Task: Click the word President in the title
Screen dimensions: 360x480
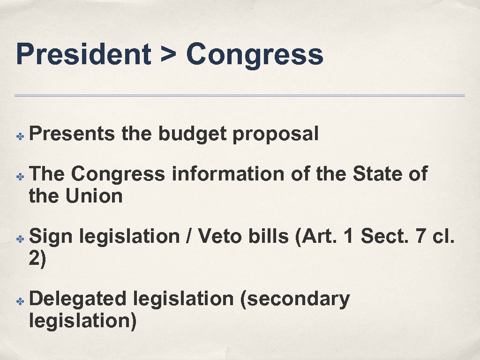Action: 82,54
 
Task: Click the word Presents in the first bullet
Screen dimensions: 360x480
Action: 72,135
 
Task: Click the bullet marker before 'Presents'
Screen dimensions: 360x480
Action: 20,136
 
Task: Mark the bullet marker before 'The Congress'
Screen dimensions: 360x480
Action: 20,176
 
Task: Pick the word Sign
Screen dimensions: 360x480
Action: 51,237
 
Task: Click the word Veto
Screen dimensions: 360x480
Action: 219,237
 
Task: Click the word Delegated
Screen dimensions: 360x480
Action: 78,300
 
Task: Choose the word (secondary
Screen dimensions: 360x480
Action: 294,300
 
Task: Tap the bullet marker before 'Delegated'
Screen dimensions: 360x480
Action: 20,300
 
